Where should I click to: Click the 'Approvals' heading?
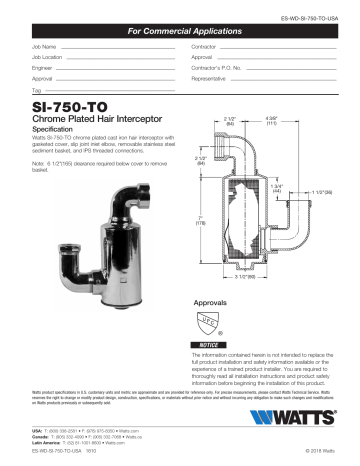point(214,301)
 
